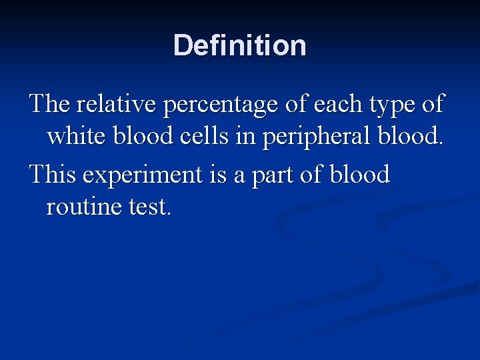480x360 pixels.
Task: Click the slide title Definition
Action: coord(240,46)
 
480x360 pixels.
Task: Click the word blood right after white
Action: coord(141,138)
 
